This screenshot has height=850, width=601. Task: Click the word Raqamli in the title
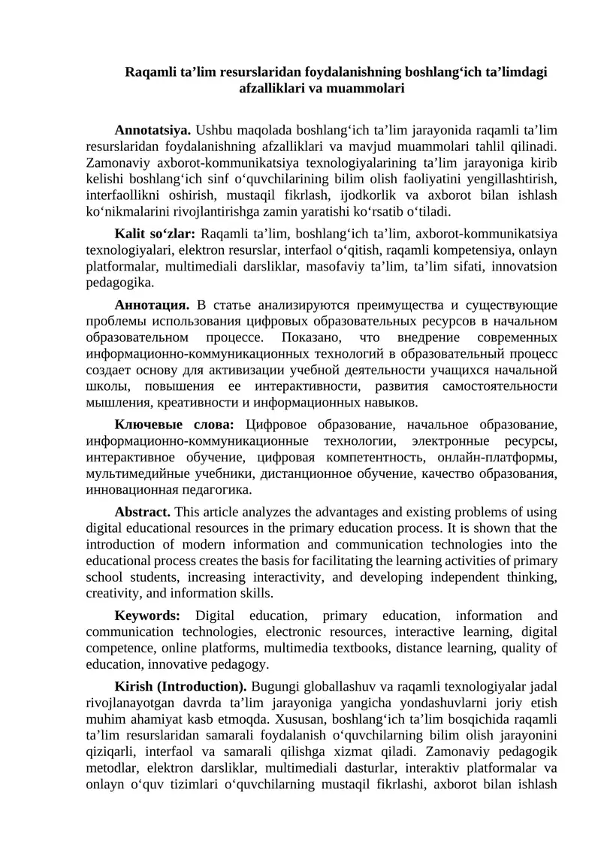[150, 72]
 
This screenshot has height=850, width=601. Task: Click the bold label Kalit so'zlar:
[155, 234]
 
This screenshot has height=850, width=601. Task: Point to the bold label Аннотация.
[151, 304]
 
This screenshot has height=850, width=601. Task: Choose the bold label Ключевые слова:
[174, 425]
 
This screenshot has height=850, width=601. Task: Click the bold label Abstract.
[142, 512]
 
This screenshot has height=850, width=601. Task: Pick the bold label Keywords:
[147, 615]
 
